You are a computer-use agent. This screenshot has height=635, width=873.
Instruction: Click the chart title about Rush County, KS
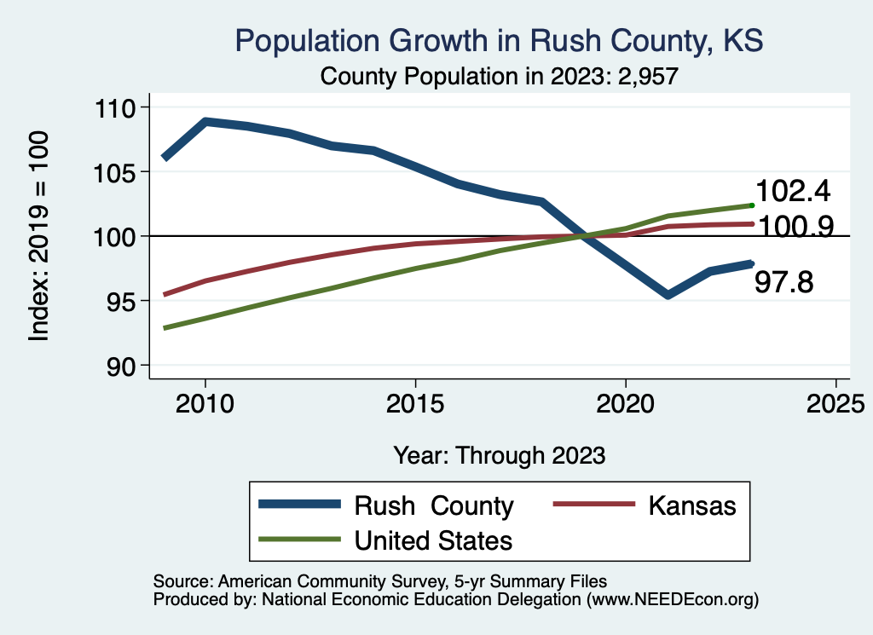[x=498, y=40]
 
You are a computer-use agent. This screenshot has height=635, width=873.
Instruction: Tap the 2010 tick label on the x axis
[x=205, y=403]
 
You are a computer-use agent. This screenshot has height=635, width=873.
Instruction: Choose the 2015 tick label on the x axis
[x=415, y=403]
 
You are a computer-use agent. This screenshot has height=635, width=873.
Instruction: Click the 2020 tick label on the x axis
[x=625, y=403]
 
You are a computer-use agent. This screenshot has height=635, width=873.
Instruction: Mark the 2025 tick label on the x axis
[x=835, y=403]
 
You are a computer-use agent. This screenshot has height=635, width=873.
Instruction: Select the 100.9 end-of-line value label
[x=796, y=226]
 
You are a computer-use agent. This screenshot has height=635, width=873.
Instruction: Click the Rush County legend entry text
[x=433, y=506]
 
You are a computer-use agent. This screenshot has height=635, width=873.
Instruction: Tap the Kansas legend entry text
[x=691, y=505]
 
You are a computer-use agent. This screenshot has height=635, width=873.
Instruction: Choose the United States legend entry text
[x=433, y=540]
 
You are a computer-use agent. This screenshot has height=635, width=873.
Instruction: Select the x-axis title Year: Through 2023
[x=499, y=455]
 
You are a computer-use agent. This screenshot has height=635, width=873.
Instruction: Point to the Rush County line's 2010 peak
[x=205, y=122]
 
